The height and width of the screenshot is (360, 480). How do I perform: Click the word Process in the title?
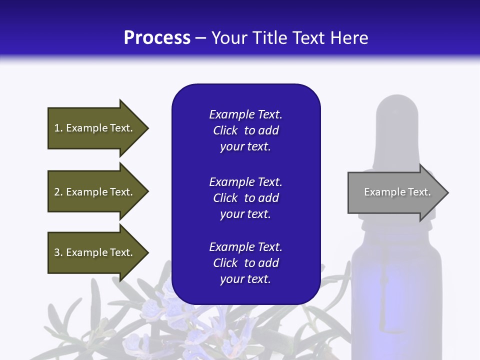click(x=157, y=38)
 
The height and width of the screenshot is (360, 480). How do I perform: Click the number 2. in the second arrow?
click(x=58, y=192)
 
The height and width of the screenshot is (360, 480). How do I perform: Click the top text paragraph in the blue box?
click(x=245, y=130)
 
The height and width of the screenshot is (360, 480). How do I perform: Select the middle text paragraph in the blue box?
click(x=245, y=198)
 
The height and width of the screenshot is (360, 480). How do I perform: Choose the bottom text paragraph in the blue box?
click(x=245, y=263)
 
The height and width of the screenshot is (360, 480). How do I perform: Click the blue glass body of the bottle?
click(x=397, y=300)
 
